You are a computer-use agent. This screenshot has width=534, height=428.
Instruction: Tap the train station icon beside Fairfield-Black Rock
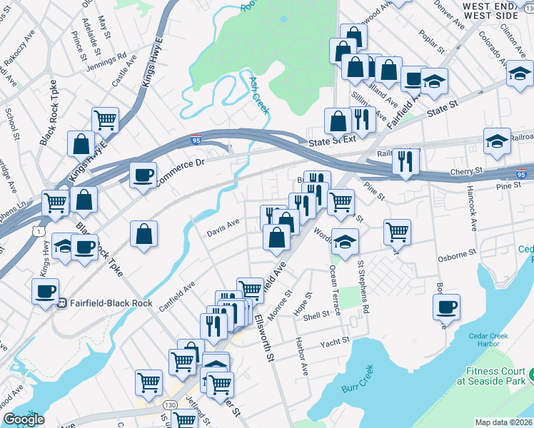(62, 302)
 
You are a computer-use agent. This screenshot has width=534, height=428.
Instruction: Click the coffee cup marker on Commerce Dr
(143, 175)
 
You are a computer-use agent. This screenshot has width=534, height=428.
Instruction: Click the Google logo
(24, 419)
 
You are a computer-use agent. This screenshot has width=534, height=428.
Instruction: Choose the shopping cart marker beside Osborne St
(397, 231)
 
